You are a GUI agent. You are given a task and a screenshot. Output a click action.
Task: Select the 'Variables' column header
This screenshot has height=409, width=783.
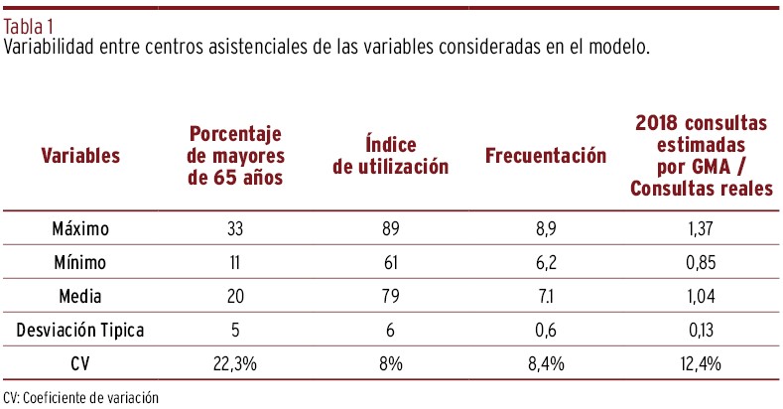pos(80,155)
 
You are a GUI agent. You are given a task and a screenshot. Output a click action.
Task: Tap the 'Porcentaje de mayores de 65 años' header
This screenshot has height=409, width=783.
pos(236,156)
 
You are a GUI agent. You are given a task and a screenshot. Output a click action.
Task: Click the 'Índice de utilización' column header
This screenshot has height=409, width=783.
pos(390,156)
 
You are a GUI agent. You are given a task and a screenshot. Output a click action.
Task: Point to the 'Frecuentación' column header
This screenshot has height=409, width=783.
pos(545,156)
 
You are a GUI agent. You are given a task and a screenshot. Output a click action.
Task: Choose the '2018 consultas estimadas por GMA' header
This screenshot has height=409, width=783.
pos(702,156)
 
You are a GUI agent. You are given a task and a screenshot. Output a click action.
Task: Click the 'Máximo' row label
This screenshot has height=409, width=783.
pos(80,229)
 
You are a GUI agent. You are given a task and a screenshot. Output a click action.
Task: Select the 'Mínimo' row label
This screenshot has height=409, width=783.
pos(80,263)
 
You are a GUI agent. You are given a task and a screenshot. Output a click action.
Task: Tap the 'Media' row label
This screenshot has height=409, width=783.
pos(80,297)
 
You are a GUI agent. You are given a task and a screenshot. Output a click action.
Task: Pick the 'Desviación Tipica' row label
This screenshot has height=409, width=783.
pos(80,331)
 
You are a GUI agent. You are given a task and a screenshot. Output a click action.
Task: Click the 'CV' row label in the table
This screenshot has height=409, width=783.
pos(80,364)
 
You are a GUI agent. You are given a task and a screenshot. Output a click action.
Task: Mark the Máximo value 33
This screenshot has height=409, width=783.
pos(236,229)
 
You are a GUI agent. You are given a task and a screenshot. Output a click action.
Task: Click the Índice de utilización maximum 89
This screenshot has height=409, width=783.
pos(390,229)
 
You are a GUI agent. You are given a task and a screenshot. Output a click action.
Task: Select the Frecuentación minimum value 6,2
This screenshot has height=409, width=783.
pos(545,263)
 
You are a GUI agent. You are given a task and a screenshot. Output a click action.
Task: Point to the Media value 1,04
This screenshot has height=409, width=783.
pos(702,297)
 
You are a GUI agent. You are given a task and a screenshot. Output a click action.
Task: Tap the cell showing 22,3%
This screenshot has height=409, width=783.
pos(236,364)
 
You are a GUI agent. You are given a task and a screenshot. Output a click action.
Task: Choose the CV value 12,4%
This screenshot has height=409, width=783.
pos(702,364)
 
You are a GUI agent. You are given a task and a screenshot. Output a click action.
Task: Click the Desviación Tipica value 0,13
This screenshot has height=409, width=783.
pos(702,331)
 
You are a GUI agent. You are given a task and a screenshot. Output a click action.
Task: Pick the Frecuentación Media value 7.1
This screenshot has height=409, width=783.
pos(545,297)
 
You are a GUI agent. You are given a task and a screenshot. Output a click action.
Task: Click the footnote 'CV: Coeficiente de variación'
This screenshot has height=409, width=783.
pos(81,397)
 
